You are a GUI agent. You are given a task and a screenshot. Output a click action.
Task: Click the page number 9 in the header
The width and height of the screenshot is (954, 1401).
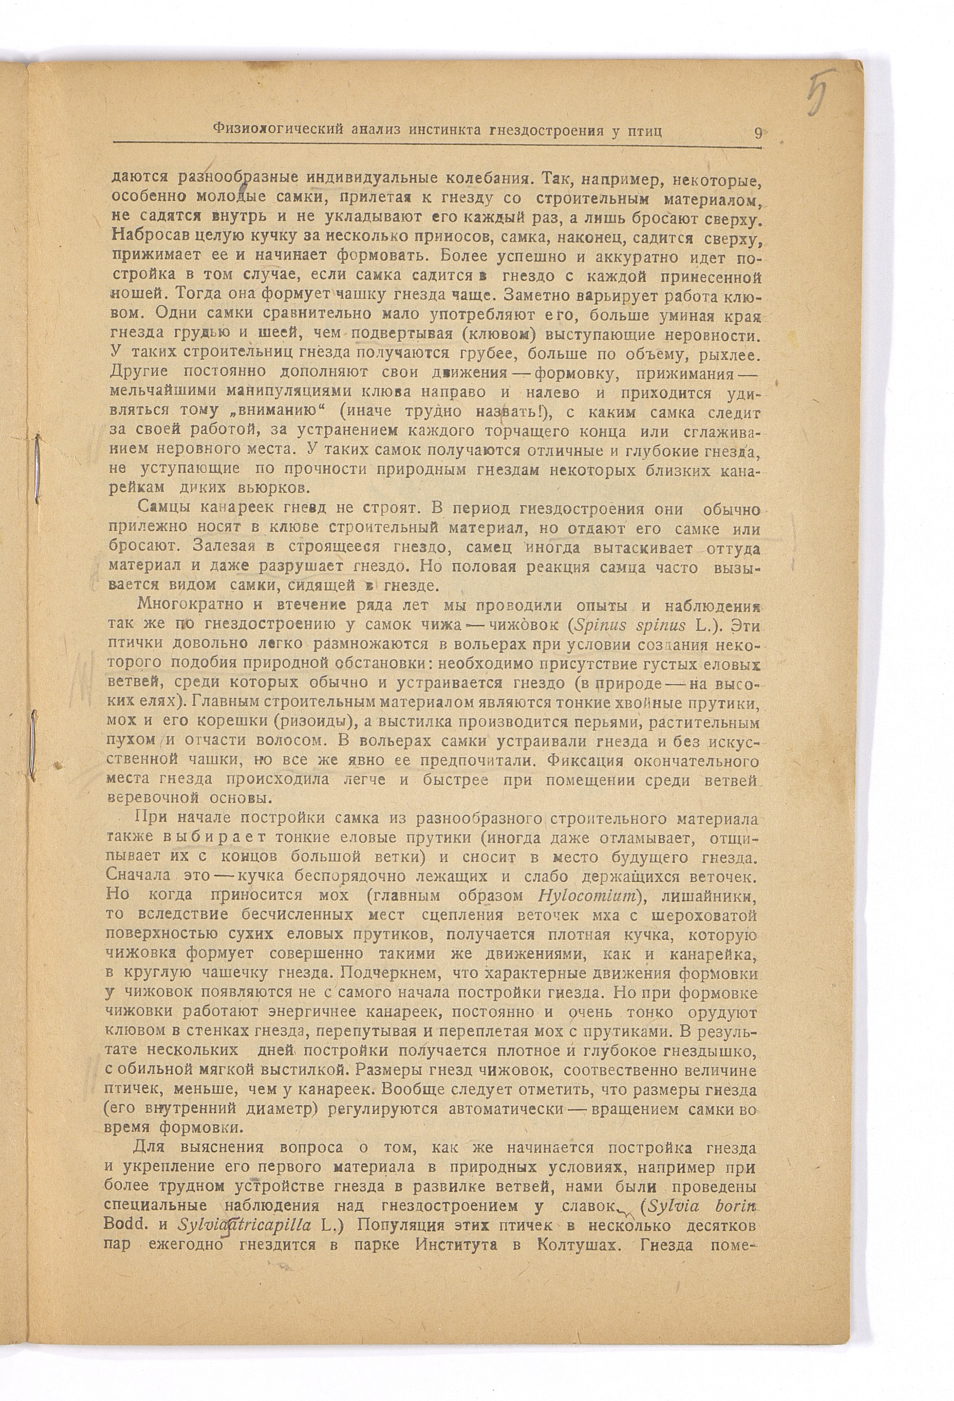click(x=757, y=133)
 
